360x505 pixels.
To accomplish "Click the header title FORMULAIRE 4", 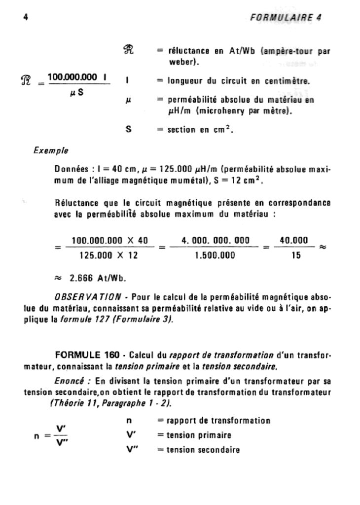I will click(x=286, y=18).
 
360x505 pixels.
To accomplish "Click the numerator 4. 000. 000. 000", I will click(x=216, y=241).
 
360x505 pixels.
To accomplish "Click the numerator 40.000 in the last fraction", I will click(x=294, y=241).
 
